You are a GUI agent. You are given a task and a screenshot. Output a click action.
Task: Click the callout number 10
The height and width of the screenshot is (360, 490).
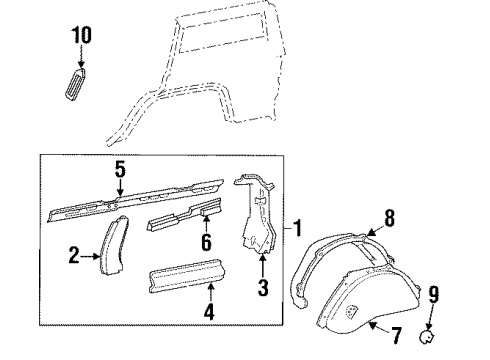tap(80, 35)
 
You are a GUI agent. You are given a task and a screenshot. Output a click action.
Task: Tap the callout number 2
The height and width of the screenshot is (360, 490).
tap(74, 257)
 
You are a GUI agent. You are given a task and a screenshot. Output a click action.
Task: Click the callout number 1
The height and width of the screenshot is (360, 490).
tap(299, 229)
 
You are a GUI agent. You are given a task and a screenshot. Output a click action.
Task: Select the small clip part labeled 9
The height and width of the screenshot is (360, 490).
tap(429, 338)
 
